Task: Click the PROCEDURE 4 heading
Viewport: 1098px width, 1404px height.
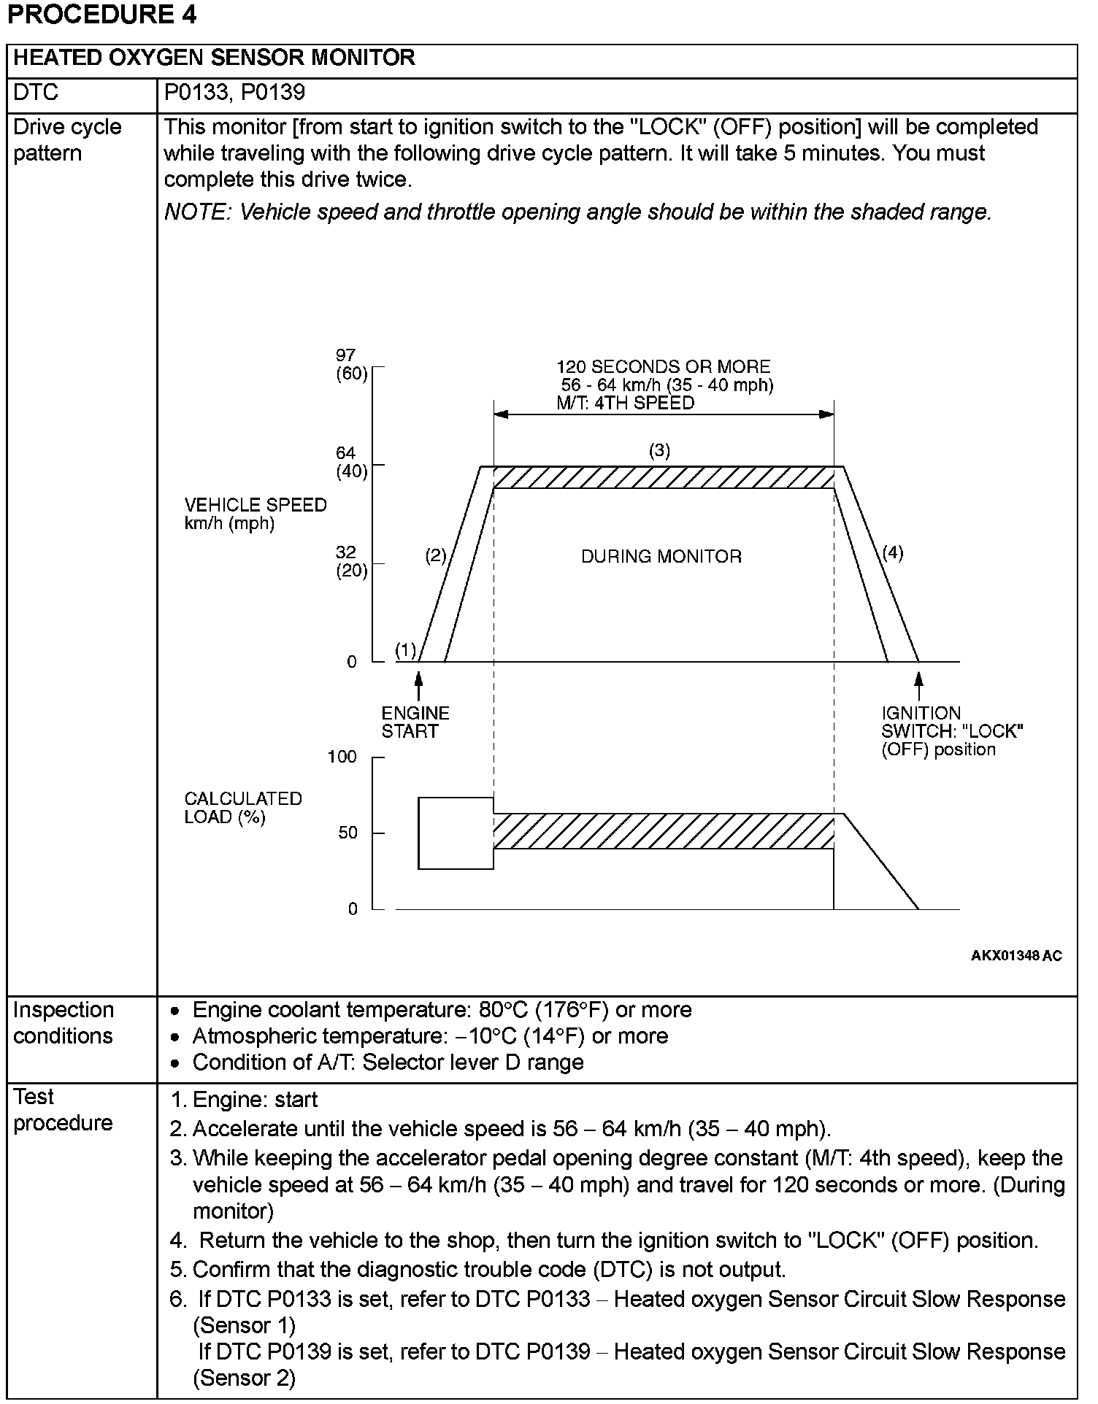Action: pyautogui.click(x=101, y=15)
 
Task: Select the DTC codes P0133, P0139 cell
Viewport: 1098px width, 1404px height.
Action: pyautogui.click(x=234, y=93)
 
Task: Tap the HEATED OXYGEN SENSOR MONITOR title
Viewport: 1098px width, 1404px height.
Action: pyautogui.click(x=214, y=58)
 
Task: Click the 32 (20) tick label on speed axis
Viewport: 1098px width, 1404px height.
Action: pyautogui.click(x=351, y=561)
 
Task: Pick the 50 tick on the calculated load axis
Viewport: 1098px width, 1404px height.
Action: pyautogui.click(x=348, y=833)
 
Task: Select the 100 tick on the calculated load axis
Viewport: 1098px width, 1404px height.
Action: pyautogui.click(x=342, y=757)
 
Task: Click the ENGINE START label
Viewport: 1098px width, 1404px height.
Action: pyautogui.click(x=415, y=722)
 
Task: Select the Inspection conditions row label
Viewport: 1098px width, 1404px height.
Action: pyautogui.click(x=64, y=1022)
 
